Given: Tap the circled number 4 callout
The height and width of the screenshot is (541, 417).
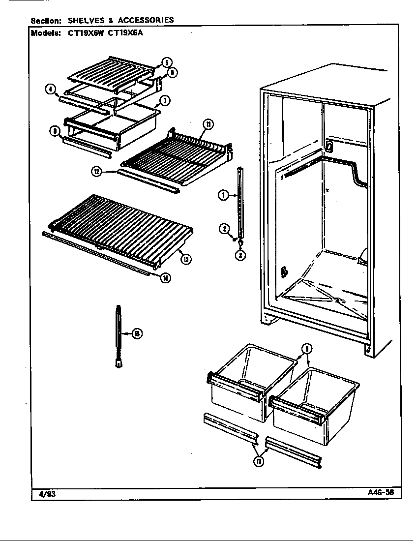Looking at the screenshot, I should (x=50, y=89).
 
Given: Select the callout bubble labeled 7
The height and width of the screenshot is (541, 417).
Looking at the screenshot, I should (x=165, y=101).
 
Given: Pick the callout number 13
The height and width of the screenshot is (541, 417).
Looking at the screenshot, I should (x=185, y=259).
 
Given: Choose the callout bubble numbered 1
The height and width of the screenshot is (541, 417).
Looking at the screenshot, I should (x=223, y=196).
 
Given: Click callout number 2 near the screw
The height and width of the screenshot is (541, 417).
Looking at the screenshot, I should (x=223, y=228).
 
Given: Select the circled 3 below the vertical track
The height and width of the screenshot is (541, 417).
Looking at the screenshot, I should (x=240, y=255).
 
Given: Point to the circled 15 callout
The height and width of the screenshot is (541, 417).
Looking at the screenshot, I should (x=138, y=334).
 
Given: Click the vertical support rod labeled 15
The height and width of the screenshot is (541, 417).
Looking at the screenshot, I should (x=119, y=334).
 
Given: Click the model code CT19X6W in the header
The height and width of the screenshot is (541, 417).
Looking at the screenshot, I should (x=80, y=34).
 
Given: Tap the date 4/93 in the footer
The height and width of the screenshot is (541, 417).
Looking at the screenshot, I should (x=45, y=493).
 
